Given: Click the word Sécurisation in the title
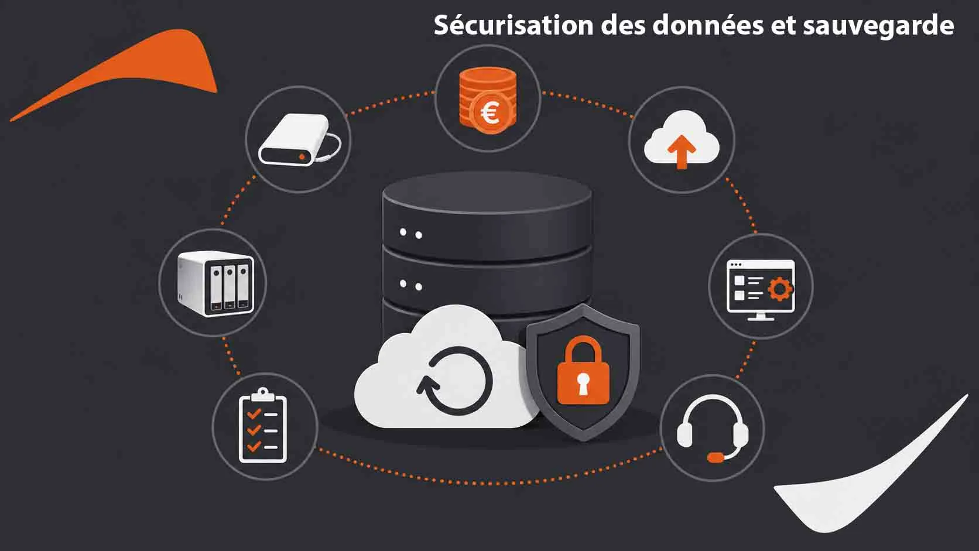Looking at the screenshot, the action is (x=514, y=25).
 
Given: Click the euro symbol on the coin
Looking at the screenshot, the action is (x=490, y=114).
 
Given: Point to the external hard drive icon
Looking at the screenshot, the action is (x=299, y=140).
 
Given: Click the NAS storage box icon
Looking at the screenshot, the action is (x=215, y=283).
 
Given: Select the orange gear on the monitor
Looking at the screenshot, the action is (x=780, y=289).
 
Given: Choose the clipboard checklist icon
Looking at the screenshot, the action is (x=263, y=425).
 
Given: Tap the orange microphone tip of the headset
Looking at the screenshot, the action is (x=716, y=457).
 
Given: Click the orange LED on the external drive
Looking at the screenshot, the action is (x=302, y=156).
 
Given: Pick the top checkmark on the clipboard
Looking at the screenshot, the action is (x=254, y=413).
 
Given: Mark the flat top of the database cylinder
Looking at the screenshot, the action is (x=487, y=192).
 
